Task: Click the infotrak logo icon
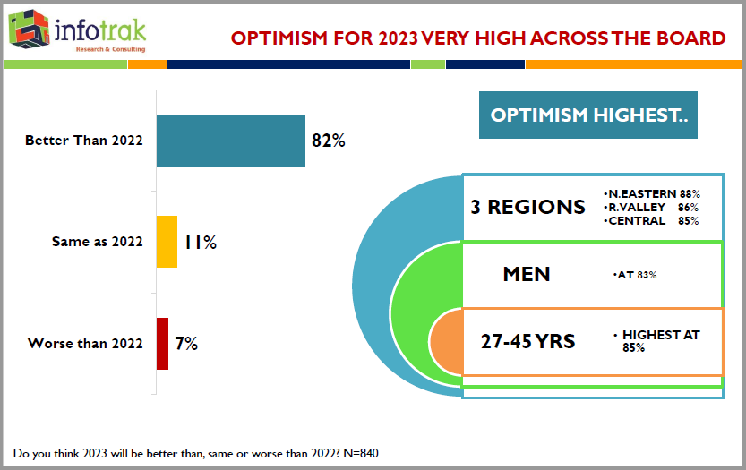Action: [x=30, y=30]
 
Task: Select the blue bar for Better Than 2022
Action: [x=231, y=141]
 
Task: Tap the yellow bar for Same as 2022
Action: [x=167, y=242]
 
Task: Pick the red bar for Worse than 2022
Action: [x=162, y=344]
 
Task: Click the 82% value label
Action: [x=328, y=141]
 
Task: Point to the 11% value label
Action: [x=200, y=242]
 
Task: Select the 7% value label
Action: [x=186, y=344]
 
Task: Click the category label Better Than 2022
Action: [x=84, y=141]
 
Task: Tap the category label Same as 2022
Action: [x=97, y=242]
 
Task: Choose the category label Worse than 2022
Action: [x=85, y=344]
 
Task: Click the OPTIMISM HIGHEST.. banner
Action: [x=588, y=115]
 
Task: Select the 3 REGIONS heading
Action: [x=527, y=207]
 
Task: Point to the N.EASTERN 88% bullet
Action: [x=651, y=193]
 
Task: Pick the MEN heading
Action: [x=527, y=274]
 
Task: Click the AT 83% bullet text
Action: [x=636, y=275]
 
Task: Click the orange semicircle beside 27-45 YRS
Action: [x=446, y=342]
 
